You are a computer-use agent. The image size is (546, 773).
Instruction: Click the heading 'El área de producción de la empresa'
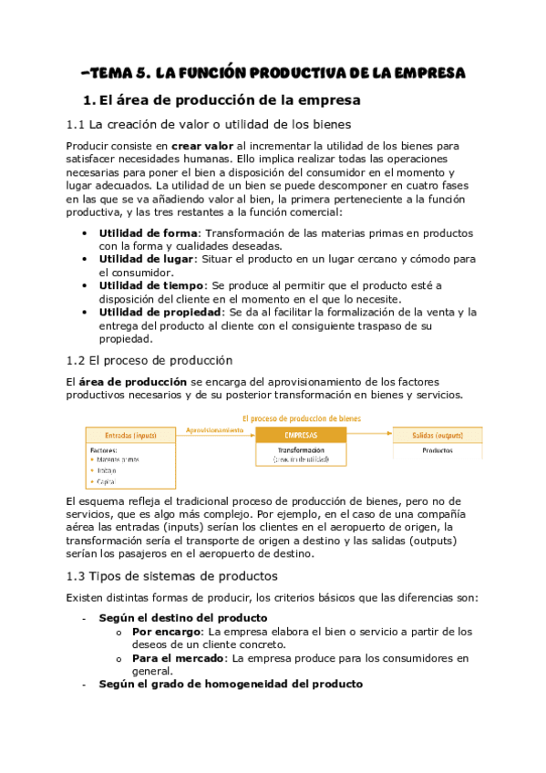click(x=221, y=99)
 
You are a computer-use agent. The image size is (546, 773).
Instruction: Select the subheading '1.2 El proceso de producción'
click(x=149, y=360)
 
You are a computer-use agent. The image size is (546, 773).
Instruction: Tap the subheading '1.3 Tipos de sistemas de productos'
click(x=172, y=575)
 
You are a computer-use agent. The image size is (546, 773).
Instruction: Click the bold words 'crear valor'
click(x=199, y=146)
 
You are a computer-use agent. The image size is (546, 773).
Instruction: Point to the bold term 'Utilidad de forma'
click(x=149, y=232)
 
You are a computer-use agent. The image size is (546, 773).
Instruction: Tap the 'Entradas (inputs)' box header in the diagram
click(x=131, y=435)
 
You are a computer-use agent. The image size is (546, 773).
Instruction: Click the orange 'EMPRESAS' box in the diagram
click(x=301, y=435)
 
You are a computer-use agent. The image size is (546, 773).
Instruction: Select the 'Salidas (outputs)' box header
click(x=438, y=435)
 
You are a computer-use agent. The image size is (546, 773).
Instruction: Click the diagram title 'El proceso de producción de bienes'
click(x=301, y=417)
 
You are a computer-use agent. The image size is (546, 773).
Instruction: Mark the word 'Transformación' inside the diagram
click(x=301, y=449)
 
